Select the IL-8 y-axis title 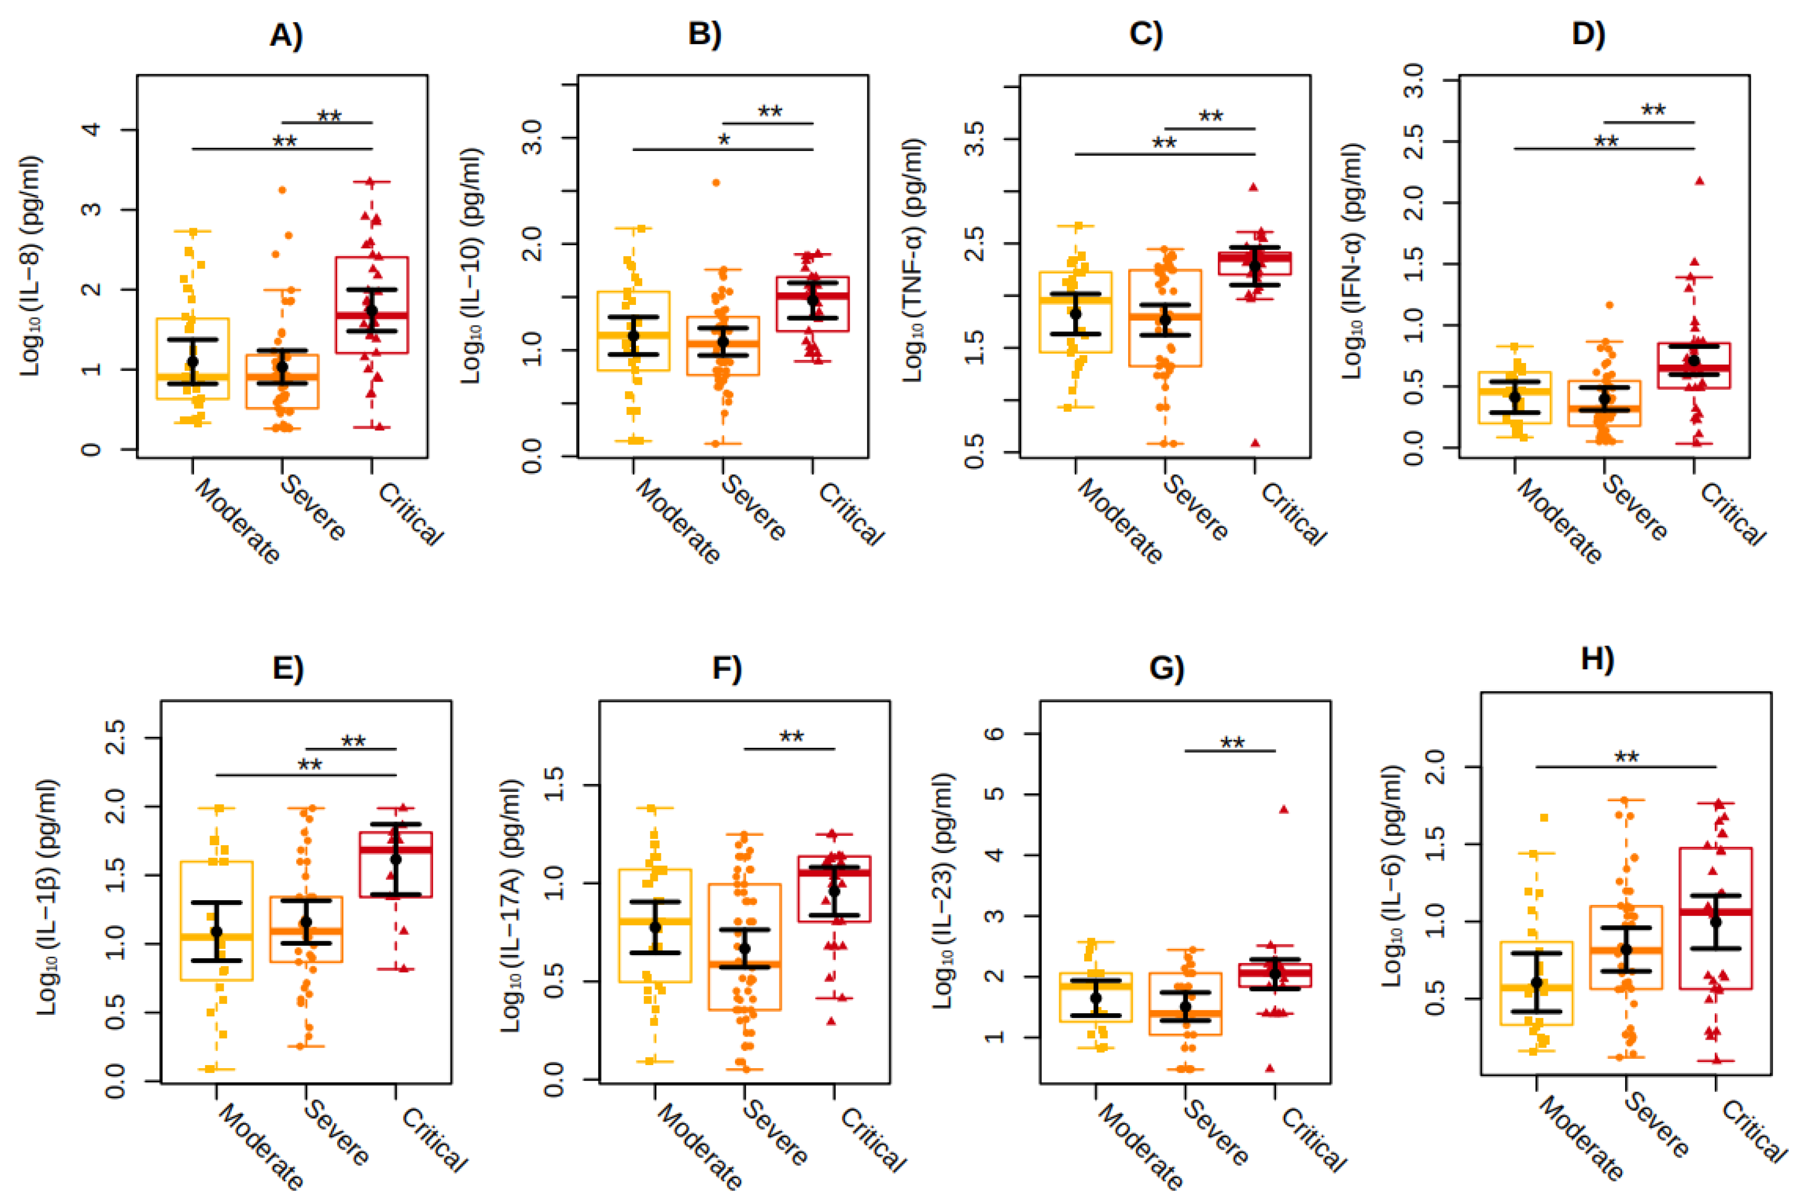tap(31, 266)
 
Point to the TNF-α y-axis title tap(912, 261)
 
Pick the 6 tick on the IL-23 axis tap(994, 734)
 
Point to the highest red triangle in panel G tap(1284, 809)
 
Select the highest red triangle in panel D tap(1699, 181)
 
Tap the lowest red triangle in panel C tap(1255, 443)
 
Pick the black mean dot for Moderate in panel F tap(655, 927)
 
